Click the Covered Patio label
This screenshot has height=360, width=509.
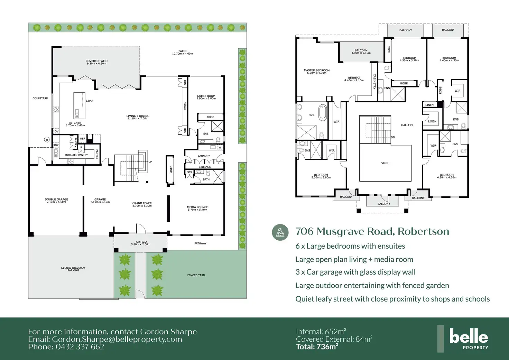96,62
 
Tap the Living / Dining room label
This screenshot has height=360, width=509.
138,117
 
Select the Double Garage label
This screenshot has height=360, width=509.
56,201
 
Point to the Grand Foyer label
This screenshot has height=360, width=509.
142,204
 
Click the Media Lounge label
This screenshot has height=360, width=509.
197,209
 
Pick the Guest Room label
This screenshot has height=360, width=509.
206,97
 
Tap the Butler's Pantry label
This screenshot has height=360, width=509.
76,155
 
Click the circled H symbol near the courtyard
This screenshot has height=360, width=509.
47,140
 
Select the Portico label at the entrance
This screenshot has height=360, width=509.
140,243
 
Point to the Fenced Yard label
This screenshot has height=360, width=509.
196,275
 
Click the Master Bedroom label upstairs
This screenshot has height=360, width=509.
316,72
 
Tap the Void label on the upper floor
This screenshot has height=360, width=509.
385,163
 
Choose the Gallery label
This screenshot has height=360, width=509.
407,125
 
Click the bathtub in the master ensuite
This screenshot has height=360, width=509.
323,112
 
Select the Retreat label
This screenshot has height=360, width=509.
354,79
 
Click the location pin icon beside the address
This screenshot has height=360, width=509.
280,232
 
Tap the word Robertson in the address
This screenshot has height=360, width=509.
423,231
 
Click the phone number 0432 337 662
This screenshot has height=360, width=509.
80,347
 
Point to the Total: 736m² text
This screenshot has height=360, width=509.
317,347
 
